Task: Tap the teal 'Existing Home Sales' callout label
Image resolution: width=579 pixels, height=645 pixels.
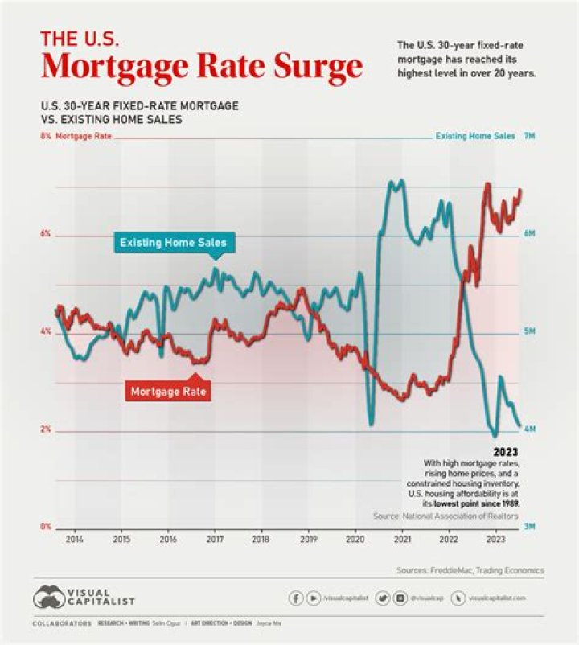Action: [x=173, y=242]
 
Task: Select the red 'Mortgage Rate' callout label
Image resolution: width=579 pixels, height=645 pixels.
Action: [x=169, y=392]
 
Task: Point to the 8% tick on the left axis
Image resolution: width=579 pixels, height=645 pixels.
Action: [x=45, y=137]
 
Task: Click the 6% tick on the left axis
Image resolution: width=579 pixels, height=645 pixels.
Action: [x=45, y=234]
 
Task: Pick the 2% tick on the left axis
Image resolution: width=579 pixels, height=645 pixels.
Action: [x=45, y=429]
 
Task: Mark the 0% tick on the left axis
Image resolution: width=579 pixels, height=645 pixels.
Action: [x=45, y=527]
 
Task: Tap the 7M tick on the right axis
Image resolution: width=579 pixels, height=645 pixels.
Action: [x=529, y=137]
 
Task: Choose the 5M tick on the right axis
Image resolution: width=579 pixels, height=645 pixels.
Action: [x=529, y=331]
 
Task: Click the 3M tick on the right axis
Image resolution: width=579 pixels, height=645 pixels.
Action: [x=529, y=527]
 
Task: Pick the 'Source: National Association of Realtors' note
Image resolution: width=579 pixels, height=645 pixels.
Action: [x=446, y=515]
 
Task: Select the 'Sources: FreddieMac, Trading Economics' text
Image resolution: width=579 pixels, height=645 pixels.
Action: [x=470, y=570]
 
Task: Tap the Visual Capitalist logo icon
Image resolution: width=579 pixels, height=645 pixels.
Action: [x=49, y=598]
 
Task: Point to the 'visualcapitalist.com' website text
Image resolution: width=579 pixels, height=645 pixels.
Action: [x=497, y=598]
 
